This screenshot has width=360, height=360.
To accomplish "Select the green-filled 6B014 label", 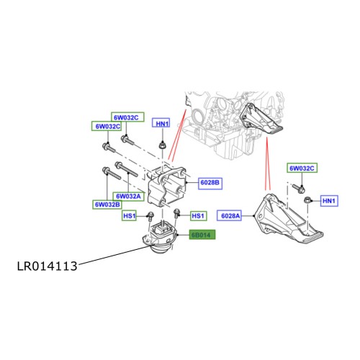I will [202, 235].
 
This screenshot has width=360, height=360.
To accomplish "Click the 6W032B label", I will [107, 205].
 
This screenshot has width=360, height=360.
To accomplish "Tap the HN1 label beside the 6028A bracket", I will [328, 199].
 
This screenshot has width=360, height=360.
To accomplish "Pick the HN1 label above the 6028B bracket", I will [163, 125].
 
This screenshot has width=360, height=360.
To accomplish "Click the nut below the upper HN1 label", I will [163, 147].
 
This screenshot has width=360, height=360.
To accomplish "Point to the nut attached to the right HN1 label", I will [307, 199].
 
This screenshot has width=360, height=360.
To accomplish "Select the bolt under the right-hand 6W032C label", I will [298, 186].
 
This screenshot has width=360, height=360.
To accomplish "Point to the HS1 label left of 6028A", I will [199, 215].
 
